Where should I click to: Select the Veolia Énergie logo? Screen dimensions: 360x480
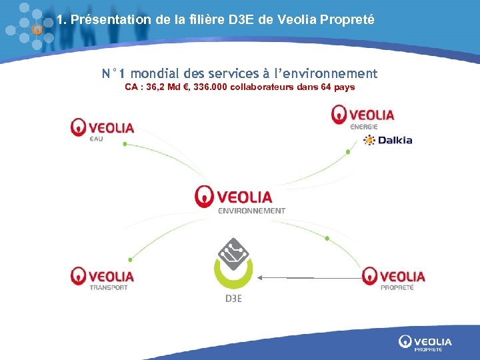(x=363, y=116)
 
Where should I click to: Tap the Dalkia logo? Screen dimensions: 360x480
(x=388, y=140)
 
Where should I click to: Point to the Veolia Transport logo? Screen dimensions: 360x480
(x=103, y=277)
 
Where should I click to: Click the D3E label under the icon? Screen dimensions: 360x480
(x=233, y=298)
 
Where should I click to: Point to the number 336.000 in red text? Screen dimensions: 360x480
(x=207, y=87)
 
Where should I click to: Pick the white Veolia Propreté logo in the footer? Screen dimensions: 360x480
(x=425, y=343)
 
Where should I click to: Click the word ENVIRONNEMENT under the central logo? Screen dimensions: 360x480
(x=251, y=211)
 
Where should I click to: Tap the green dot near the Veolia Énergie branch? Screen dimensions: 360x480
(x=348, y=152)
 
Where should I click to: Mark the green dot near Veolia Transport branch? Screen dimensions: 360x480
(x=129, y=259)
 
